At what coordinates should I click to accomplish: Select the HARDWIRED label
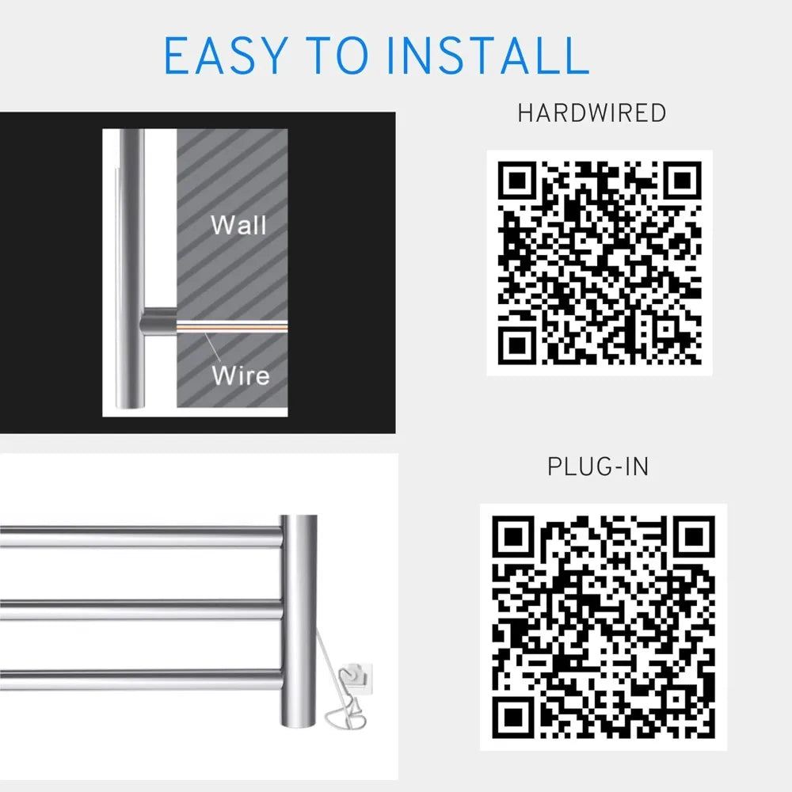tap(592, 113)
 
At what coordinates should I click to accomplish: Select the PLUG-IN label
tap(598, 466)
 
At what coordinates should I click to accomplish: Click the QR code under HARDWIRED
tap(600, 262)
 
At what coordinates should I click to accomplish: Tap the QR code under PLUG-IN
tap(603, 627)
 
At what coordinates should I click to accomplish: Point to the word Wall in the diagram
tap(238, 225)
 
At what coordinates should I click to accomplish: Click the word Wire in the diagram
tap(240, 374)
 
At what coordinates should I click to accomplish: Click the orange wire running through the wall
tap(238, 326)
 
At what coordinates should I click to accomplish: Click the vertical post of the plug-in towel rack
tap(299, 602)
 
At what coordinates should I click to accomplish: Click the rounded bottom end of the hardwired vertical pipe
tap(131, 400)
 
